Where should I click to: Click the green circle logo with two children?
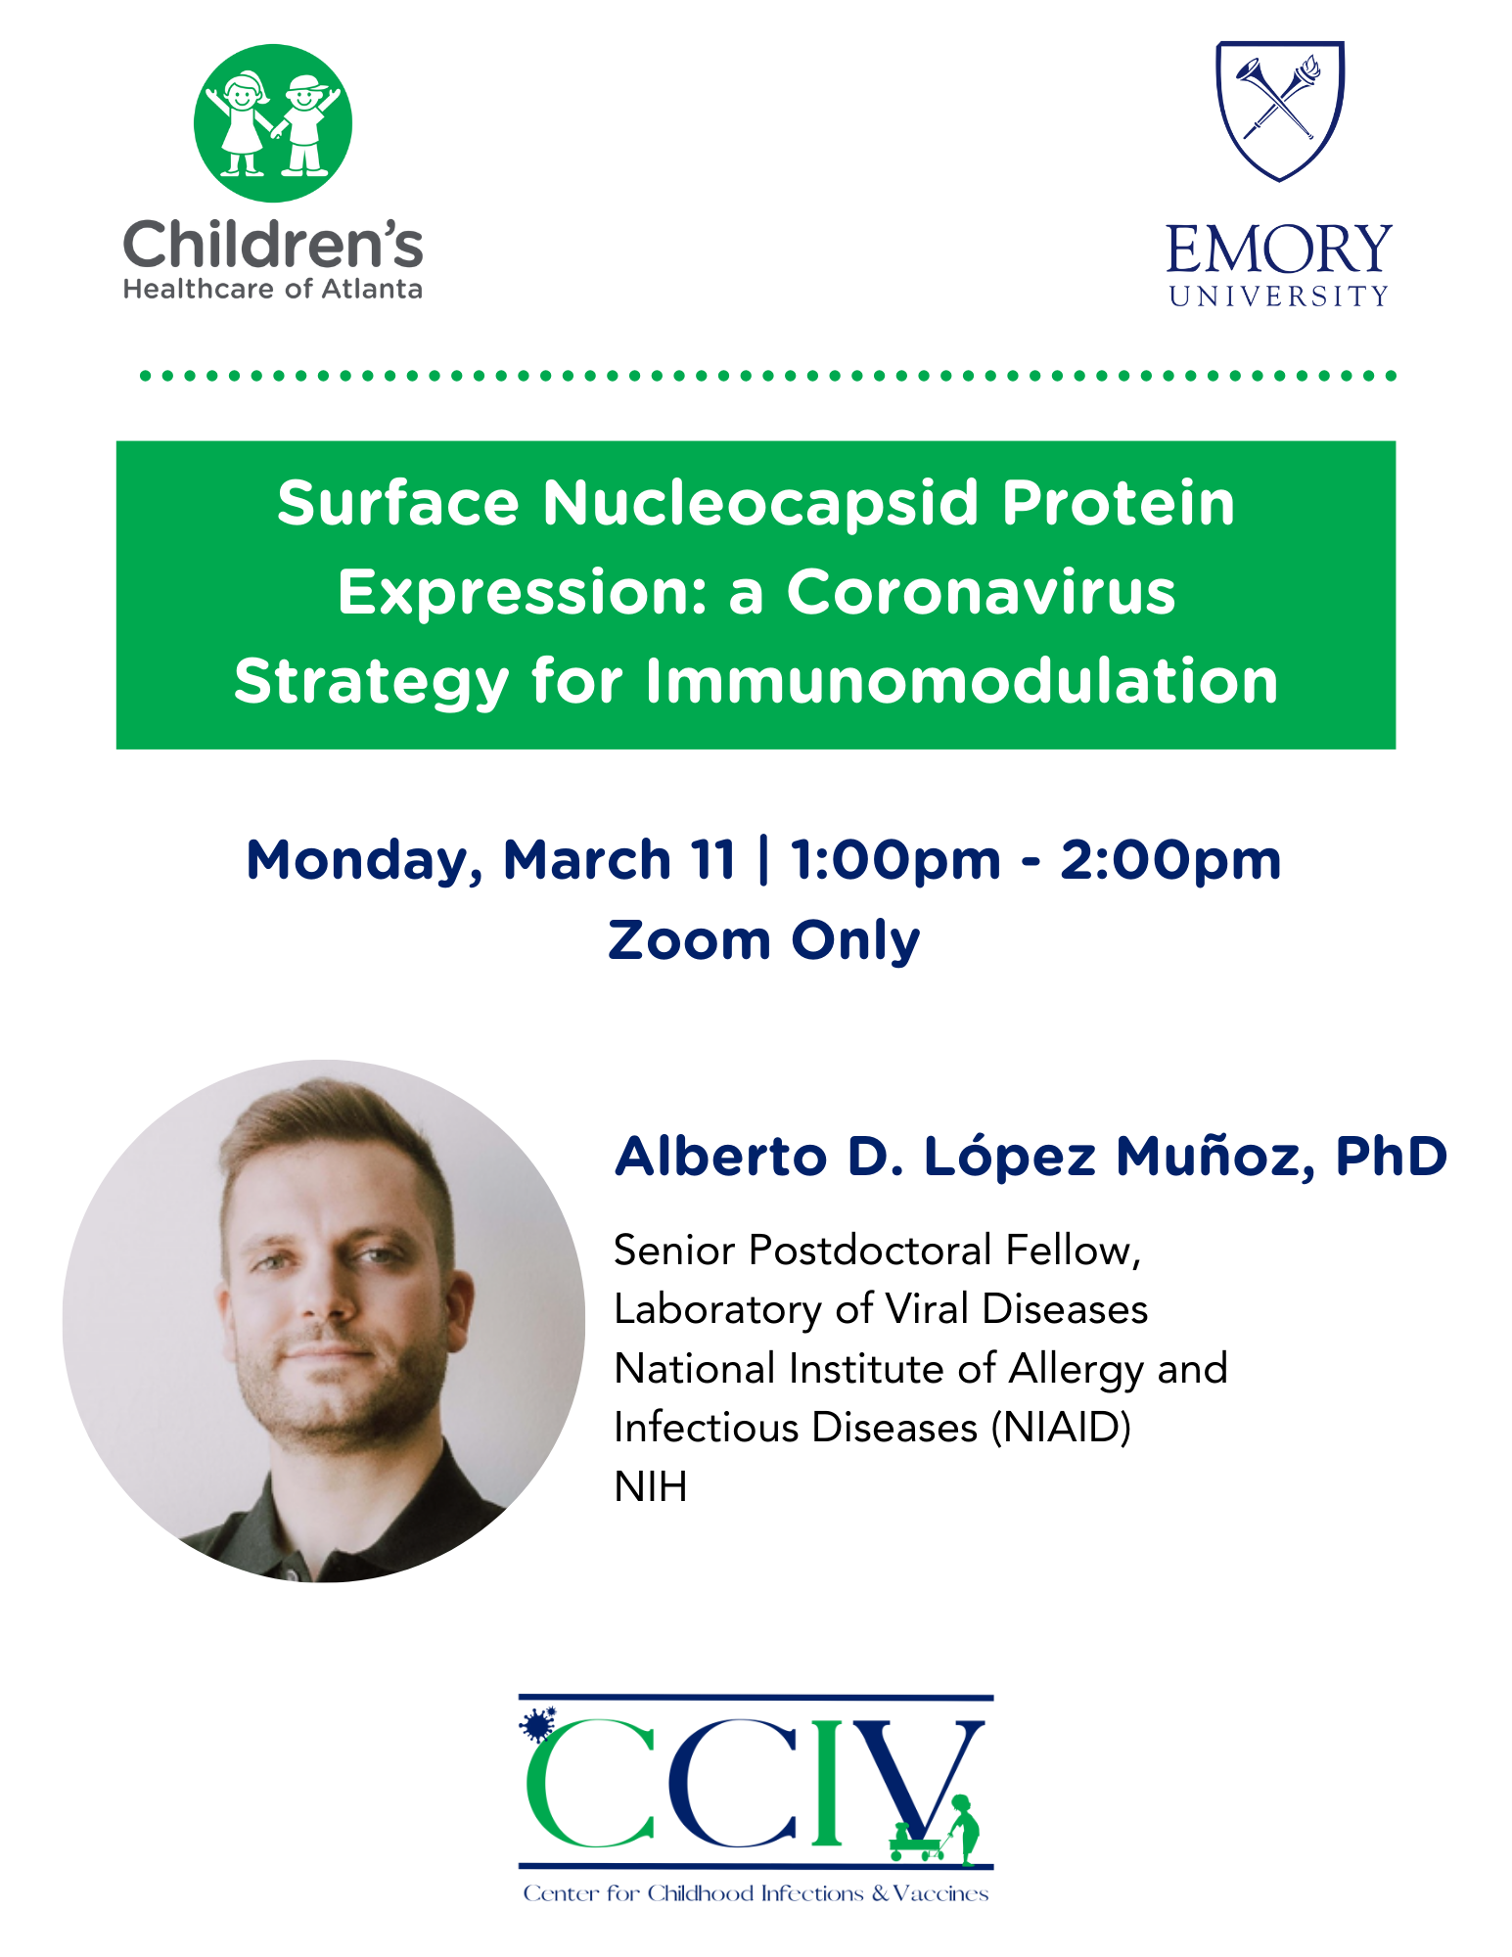273,123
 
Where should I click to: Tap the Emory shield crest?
1280,111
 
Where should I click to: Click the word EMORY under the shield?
1279,250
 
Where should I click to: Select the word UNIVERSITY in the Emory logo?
1279,296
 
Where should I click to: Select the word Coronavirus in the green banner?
981,592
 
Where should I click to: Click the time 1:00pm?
895,861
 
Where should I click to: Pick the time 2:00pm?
1170,861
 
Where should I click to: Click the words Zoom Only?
764,940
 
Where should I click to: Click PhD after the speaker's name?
1392,1156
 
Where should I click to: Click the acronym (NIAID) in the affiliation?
1061,1428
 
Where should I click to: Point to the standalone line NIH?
651,1486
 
